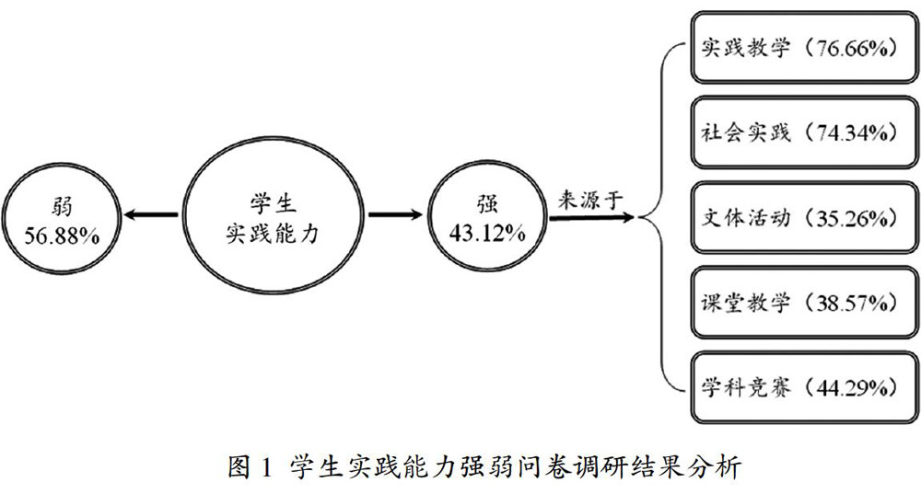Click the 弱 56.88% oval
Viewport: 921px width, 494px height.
pos(64,216)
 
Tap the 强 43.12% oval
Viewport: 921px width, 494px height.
pos(486,216)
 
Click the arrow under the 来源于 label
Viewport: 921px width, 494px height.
pos(590,217)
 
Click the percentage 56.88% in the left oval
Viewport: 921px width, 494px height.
pos(64,233)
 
